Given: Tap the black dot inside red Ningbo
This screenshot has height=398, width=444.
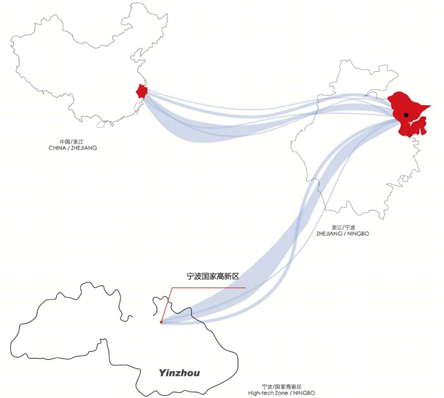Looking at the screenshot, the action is point(406,115).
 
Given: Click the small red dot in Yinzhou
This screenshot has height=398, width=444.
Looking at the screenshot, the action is point(161,322).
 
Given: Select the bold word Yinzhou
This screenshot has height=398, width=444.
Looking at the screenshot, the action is point(179,373).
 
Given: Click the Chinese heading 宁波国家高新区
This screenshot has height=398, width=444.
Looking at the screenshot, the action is point(213,276).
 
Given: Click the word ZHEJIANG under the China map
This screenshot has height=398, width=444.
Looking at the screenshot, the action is point(84,148).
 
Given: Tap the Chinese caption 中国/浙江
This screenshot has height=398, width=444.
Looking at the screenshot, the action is point(72,142).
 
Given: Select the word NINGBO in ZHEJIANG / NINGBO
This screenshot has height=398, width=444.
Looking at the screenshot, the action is point(358,234).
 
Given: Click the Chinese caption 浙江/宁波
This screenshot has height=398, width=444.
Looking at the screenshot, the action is point(343,228).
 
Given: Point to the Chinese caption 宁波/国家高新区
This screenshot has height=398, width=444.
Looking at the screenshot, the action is point(282,387).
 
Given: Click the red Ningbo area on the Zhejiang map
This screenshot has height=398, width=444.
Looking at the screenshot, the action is point(407,113).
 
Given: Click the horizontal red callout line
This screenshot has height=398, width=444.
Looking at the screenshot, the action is point(208,288).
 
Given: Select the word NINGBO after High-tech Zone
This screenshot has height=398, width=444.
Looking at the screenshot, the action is point(304,393).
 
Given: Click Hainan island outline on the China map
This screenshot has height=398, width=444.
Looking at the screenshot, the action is point(100,124).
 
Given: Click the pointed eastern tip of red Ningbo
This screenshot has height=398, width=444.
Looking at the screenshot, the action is point(430,106).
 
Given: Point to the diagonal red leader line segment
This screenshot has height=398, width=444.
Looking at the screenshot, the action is point(166,305).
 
